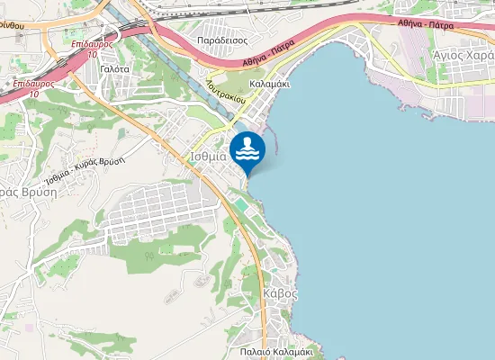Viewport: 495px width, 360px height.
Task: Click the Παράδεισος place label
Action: pyautogui.click(x=224, y=40)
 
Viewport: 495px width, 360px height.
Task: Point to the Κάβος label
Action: pyautogui.click(x=281, y=293)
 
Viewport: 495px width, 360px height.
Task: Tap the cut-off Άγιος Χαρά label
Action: pyautogui.click(x=463, y=55)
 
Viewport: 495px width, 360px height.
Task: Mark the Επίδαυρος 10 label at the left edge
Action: pyautogui.click(x=30, y=88)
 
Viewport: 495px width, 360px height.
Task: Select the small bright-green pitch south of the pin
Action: pyautogui.click(x=241, y=207)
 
